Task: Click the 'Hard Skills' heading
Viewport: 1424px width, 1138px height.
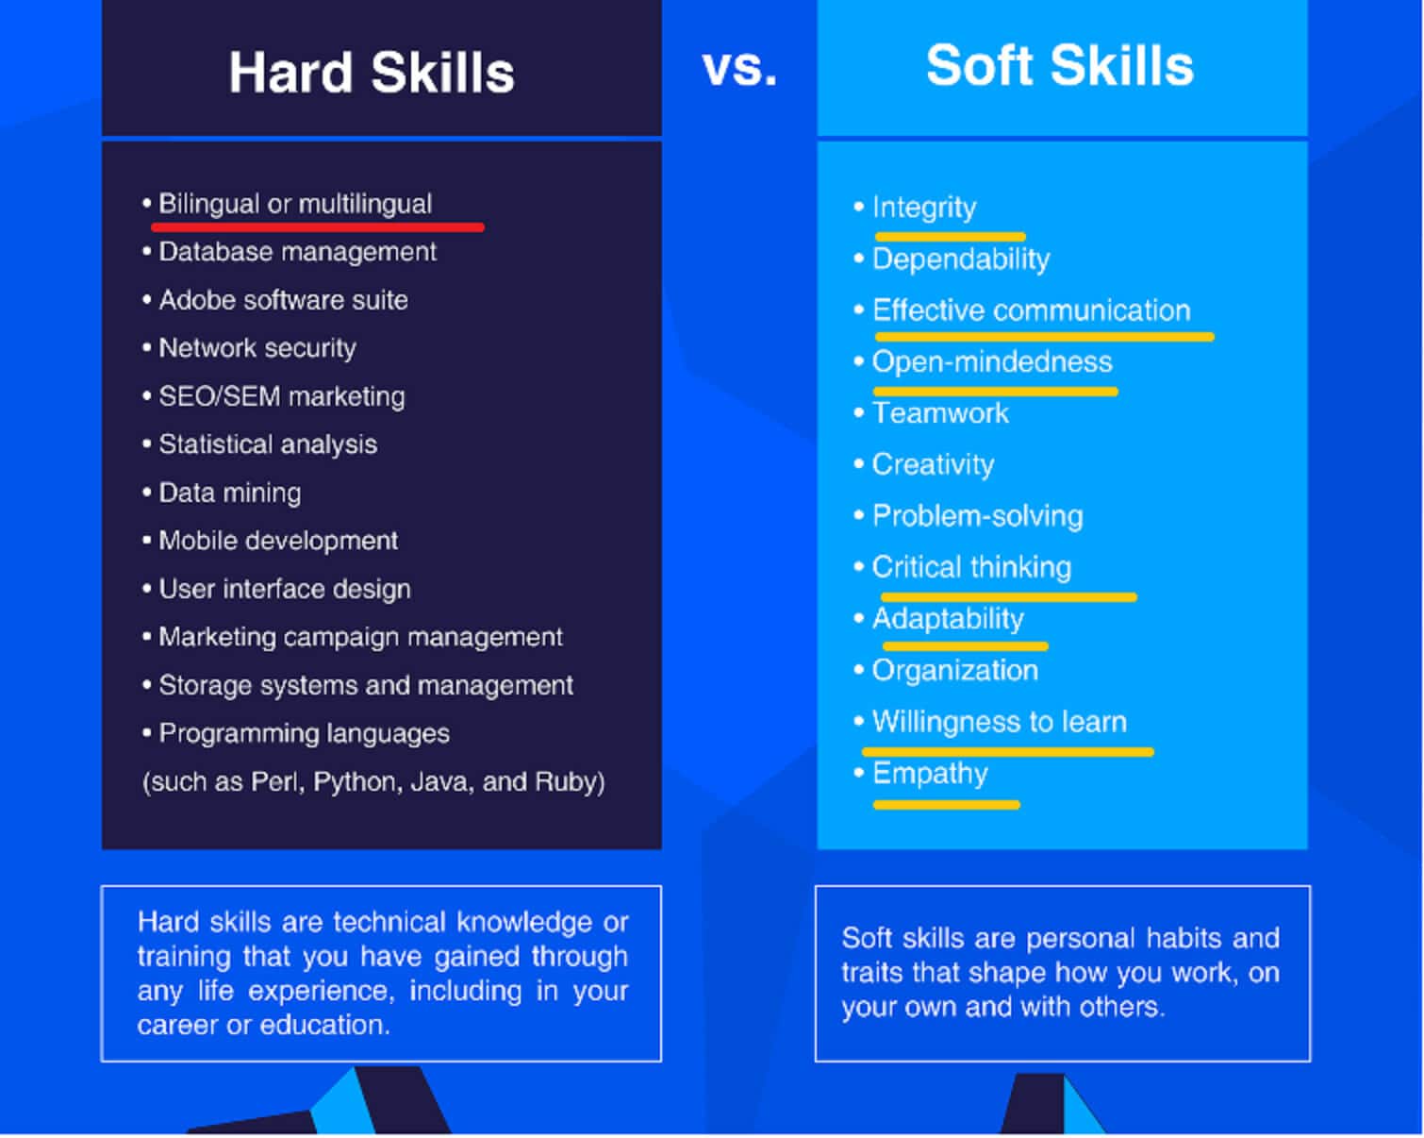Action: (x=372, y=72)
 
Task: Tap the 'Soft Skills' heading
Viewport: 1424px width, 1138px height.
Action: (x=1059, y=65)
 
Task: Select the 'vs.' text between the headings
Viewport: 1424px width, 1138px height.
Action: (x=739, y=67)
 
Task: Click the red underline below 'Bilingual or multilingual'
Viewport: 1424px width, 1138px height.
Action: (x=318, y=227)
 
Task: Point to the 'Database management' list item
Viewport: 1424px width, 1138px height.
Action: (x=297, y=252)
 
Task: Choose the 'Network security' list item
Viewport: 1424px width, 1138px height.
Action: (x=257, y=348)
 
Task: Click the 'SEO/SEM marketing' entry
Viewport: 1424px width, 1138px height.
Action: (x=281, y=396)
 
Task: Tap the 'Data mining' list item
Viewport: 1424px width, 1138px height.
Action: (x=229, y=494)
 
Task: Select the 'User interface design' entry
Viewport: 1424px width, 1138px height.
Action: (x=285, y=589)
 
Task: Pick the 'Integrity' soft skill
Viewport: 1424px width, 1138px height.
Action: (x=924, y=208)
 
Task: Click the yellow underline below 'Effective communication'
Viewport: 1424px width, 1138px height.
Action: (x=1044, y=336)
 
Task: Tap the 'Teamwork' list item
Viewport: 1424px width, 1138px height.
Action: (x=940, y=413)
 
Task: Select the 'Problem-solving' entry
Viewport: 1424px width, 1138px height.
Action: (x=977, y=516)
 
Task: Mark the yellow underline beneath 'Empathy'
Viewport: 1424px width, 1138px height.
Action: (x=946, y=804)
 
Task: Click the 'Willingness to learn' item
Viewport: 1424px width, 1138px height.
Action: (x=1000, y=722)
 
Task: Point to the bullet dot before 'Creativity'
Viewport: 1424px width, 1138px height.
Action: (x=858, y=464)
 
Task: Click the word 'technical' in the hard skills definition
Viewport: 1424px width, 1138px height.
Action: (x=389, y=922)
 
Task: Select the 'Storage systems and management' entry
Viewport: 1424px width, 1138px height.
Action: (x=366, y=685)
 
